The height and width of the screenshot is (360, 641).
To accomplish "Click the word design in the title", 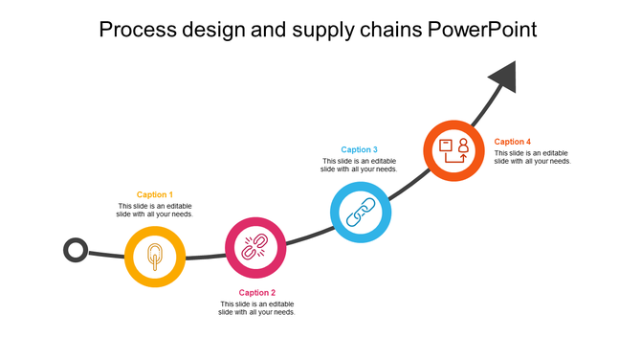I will click(x=216, y=30).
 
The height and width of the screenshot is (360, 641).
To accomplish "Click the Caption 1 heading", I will click(x=155, y=194).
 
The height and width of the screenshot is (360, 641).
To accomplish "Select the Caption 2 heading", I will click(x=256, y=293).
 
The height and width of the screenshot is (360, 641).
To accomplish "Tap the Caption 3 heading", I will click(x=360, y=149).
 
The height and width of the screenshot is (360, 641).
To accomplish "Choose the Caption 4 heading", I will click(x=513, y=142).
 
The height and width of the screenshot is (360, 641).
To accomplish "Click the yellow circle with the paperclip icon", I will click(x=155, y=256).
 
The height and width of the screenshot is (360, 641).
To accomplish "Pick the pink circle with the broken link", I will click(x=255, y=248).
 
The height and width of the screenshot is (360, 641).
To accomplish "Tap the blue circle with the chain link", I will click(x=361, y=212).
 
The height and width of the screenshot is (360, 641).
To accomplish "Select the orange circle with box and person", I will click(x=453, y=150).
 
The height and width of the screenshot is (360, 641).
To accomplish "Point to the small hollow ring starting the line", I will click(x=76, y=251).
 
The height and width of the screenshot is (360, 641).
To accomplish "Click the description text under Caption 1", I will click(x=155, y=211).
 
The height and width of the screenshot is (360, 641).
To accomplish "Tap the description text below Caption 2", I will click(x=256, y=308).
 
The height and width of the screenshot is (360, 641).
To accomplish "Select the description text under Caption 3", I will click(x=360, y=165).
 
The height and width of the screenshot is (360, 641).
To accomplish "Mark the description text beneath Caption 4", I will click(x=533, y=157).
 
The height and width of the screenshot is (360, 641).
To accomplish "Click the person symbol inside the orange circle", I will click(x=463, y=146).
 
